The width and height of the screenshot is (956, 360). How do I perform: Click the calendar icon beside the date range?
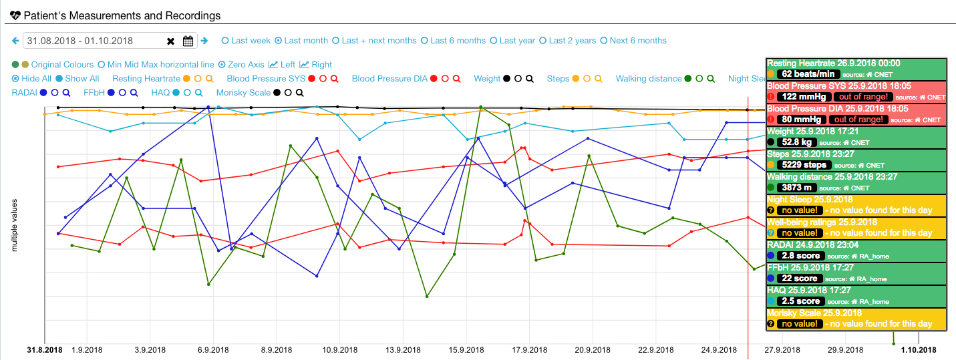click(x=188, y=41)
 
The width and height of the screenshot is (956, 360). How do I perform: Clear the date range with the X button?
click(x=170, y=41)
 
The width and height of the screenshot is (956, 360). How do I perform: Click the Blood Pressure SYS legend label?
click(x=266, y=79)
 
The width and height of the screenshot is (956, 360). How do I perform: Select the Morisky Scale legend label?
click(x=243, y=93)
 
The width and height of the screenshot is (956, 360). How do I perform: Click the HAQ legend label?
click(x=160, y=93)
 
